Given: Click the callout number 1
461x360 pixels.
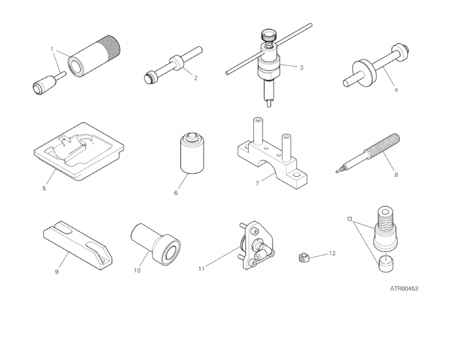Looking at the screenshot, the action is pyautogui.click(x=52, y=49).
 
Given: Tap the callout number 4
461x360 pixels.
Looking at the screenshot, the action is pyautogui.click(x=396, y=90).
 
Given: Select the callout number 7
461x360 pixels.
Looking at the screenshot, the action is pyautogui.click(x=257, y=183).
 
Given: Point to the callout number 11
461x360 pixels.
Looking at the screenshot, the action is pyautogui.click(x=201, y=268).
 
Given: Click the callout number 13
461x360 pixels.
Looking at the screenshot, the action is pyautogui.click(x=350, y=219).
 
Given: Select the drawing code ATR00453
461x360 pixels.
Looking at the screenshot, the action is pyautogui.click(x=404, y=289).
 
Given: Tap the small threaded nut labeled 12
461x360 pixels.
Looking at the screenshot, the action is pyautogui.click(x=303, y=258).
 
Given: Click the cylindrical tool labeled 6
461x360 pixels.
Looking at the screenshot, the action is pyautogui.click(x=192, y=153).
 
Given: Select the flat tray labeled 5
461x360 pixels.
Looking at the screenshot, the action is pyautogui.click(x=79, y=151).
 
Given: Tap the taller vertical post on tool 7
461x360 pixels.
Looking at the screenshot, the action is pyautogui.click(x=258, y=131).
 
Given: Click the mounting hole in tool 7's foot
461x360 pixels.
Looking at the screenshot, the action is pyautogui.click(x=296, y=176).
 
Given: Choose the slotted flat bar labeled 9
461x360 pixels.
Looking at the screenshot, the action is pyautogui.click(x=78, y=244).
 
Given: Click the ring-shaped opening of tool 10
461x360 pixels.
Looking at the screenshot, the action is pyautogui.click(x=170, y=250).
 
